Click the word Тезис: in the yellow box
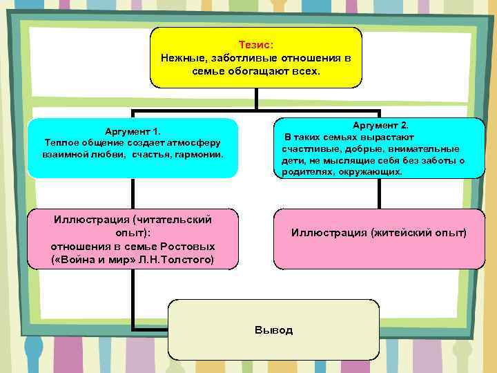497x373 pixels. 256,44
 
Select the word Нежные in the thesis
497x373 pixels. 181,57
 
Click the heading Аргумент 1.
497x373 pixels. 133,131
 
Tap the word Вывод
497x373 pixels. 273,329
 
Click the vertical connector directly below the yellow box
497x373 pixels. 256,98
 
